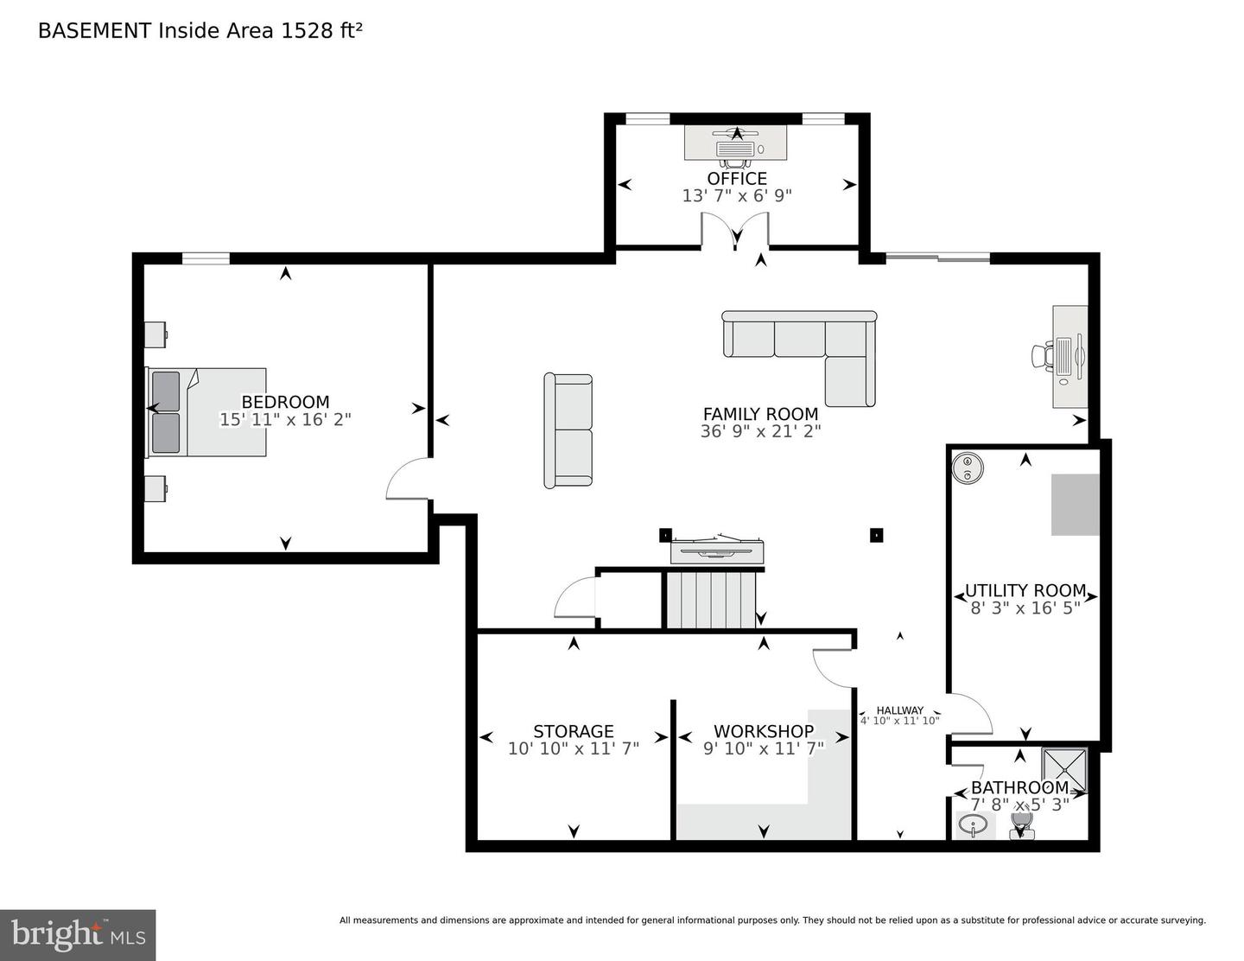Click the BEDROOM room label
pyautogui.click(x=285, y=402)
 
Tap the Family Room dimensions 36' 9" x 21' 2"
pyautogui.click(x=760, y=431)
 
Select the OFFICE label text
pyautogui.click(x=737, y=178)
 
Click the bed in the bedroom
pyautogui.click(x=206, y=412)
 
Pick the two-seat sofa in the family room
pyautogui.click(x=568, y=430)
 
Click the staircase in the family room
pyautogui.click(x=710, y=601)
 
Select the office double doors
pyautogui.click(x=735, y=230)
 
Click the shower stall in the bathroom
pyautogui.click(x=1064, y=771)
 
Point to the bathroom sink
pyautogui.click(x=973, y=825)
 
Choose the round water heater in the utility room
pyautogui.click(x=968, y=468)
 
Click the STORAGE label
pyautogui.click(x=573, y=731)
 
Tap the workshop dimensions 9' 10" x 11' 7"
pyautogui.click(x=764, y=748)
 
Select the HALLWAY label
pyautogui.click(x=900, y=710)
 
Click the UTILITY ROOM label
pyautogui.click(x=1025, y=590)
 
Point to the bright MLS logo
pyautogui.click(x=77, y=935)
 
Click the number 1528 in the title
pyautogui.click(x=306, y=31)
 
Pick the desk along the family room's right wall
pyautogui.click(x=1069, y=357)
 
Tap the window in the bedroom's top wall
pyautogui.click(x=206, y=258)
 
